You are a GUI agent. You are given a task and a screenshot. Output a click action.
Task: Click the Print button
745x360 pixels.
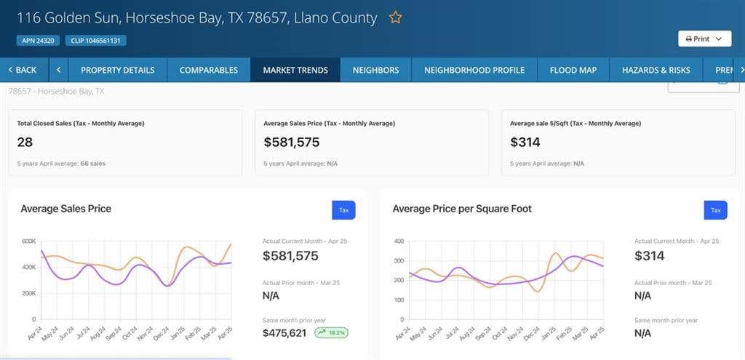pyautogui.click(x=704, y=39)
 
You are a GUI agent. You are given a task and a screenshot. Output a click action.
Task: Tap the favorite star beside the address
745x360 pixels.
pyautogui.click(x=395, y=18)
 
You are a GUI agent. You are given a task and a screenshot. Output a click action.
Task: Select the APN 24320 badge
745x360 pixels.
pyautogui.click(x=38, y=41)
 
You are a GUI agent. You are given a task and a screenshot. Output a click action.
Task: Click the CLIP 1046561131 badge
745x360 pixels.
pyautogui.click(x=95, y=41)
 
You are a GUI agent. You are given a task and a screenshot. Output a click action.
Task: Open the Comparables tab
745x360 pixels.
pyautogui.click(x=209, y=70)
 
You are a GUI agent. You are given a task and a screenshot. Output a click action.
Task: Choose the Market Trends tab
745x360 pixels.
pyautogui.click(x=295, y=70)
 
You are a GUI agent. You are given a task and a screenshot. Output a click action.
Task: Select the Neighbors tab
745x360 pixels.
pyautogui.click(x=376, y=70)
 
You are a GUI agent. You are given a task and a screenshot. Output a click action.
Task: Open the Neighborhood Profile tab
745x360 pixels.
pyautogui.click(x=474, y=70)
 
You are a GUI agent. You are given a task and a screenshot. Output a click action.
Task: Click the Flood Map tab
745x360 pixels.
pyautogui.click(x=573, y=70)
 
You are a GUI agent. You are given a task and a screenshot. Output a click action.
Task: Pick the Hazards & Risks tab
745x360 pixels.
pyautogui.click(x=656, y=70)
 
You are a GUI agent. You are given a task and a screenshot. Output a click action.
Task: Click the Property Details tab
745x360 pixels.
pyautogui.click(x=118, y=70)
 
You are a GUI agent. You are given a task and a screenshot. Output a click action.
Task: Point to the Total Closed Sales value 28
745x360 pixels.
pyautogui.click(x=25, y=142)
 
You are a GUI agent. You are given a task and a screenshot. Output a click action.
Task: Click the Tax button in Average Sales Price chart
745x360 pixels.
pyautogui.click(x=343, y=210)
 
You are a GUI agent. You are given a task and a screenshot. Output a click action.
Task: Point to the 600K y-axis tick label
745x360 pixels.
pyautogui.click(x=29, y=241)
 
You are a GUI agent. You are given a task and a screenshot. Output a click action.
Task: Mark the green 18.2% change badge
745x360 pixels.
pyautogui.click(x=331, y=333)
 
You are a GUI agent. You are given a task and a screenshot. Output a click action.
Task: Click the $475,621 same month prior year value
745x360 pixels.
pyautogui.click(x=284, y=333)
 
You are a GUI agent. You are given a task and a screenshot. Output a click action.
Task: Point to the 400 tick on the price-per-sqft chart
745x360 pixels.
pyautogui.click(x=399, y=241)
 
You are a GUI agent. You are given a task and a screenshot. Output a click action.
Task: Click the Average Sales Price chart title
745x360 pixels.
pyautogui.click(x=66, y=209)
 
